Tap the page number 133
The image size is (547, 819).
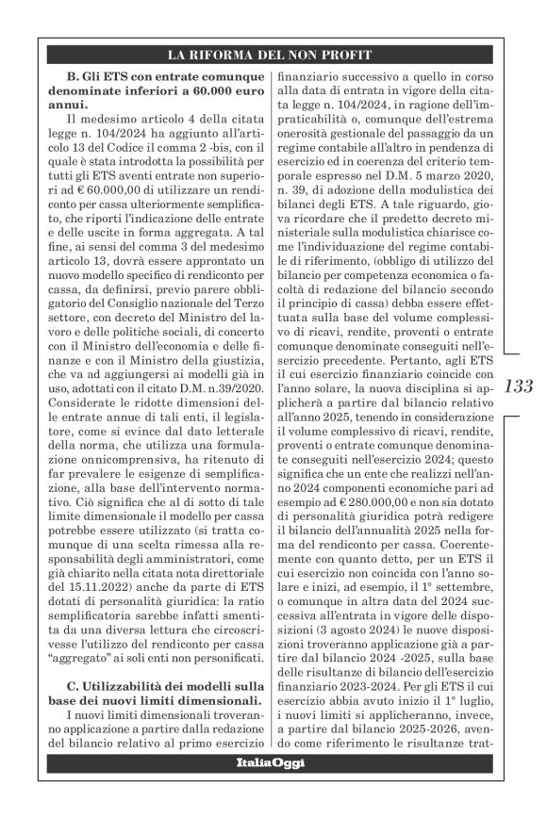tap(519, 386)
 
